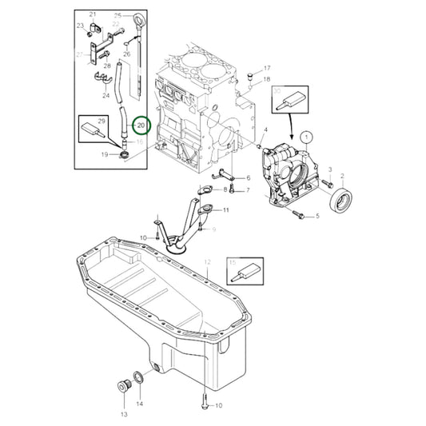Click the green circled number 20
[x=141, y=126]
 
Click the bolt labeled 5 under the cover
[x=300, y=214]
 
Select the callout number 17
[x=268, y=68]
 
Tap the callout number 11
[x=226, y=209]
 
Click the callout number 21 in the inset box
[x=92, y=15]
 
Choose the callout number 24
[x=106, y=95]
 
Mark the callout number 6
[x=248, y=177]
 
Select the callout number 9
[x=214, y=229]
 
